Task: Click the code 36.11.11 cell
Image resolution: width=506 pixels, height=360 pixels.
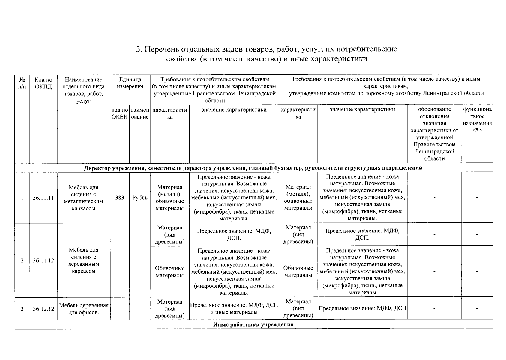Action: pos(43,198)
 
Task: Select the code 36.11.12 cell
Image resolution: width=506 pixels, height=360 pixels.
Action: pos(43,260)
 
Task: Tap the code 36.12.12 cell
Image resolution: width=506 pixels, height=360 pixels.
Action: pos(43,309)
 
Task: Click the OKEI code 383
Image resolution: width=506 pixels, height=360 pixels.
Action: pos(119,198)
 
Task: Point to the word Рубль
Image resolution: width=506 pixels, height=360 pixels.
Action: pos(140,198)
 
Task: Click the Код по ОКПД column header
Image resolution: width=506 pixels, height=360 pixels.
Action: pos(43,83)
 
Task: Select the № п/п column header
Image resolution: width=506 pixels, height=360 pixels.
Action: pos(22,83)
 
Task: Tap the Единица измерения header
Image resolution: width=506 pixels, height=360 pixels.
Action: pos(130,83)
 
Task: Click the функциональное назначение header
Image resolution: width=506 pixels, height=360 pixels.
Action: pos(477,120)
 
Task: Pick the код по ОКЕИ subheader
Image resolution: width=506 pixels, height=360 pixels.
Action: pos(120,113)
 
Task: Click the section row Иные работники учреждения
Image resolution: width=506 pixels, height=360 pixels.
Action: pos(253,325)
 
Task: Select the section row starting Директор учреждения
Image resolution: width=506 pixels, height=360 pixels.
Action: pos(253,167)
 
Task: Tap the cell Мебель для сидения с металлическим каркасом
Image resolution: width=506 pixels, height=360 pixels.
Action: pos(84,198)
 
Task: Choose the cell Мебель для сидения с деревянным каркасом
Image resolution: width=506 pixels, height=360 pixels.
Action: pos(84,260)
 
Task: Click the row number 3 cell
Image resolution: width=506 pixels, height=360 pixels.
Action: pos(22,309)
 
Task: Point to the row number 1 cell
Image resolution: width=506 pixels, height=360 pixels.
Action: pos(22,198)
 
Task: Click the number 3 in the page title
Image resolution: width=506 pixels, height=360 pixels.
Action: pos(138,49)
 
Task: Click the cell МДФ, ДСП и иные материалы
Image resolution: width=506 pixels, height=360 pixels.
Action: pos(234,308)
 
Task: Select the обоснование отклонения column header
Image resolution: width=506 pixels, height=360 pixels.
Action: pos(434,134)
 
